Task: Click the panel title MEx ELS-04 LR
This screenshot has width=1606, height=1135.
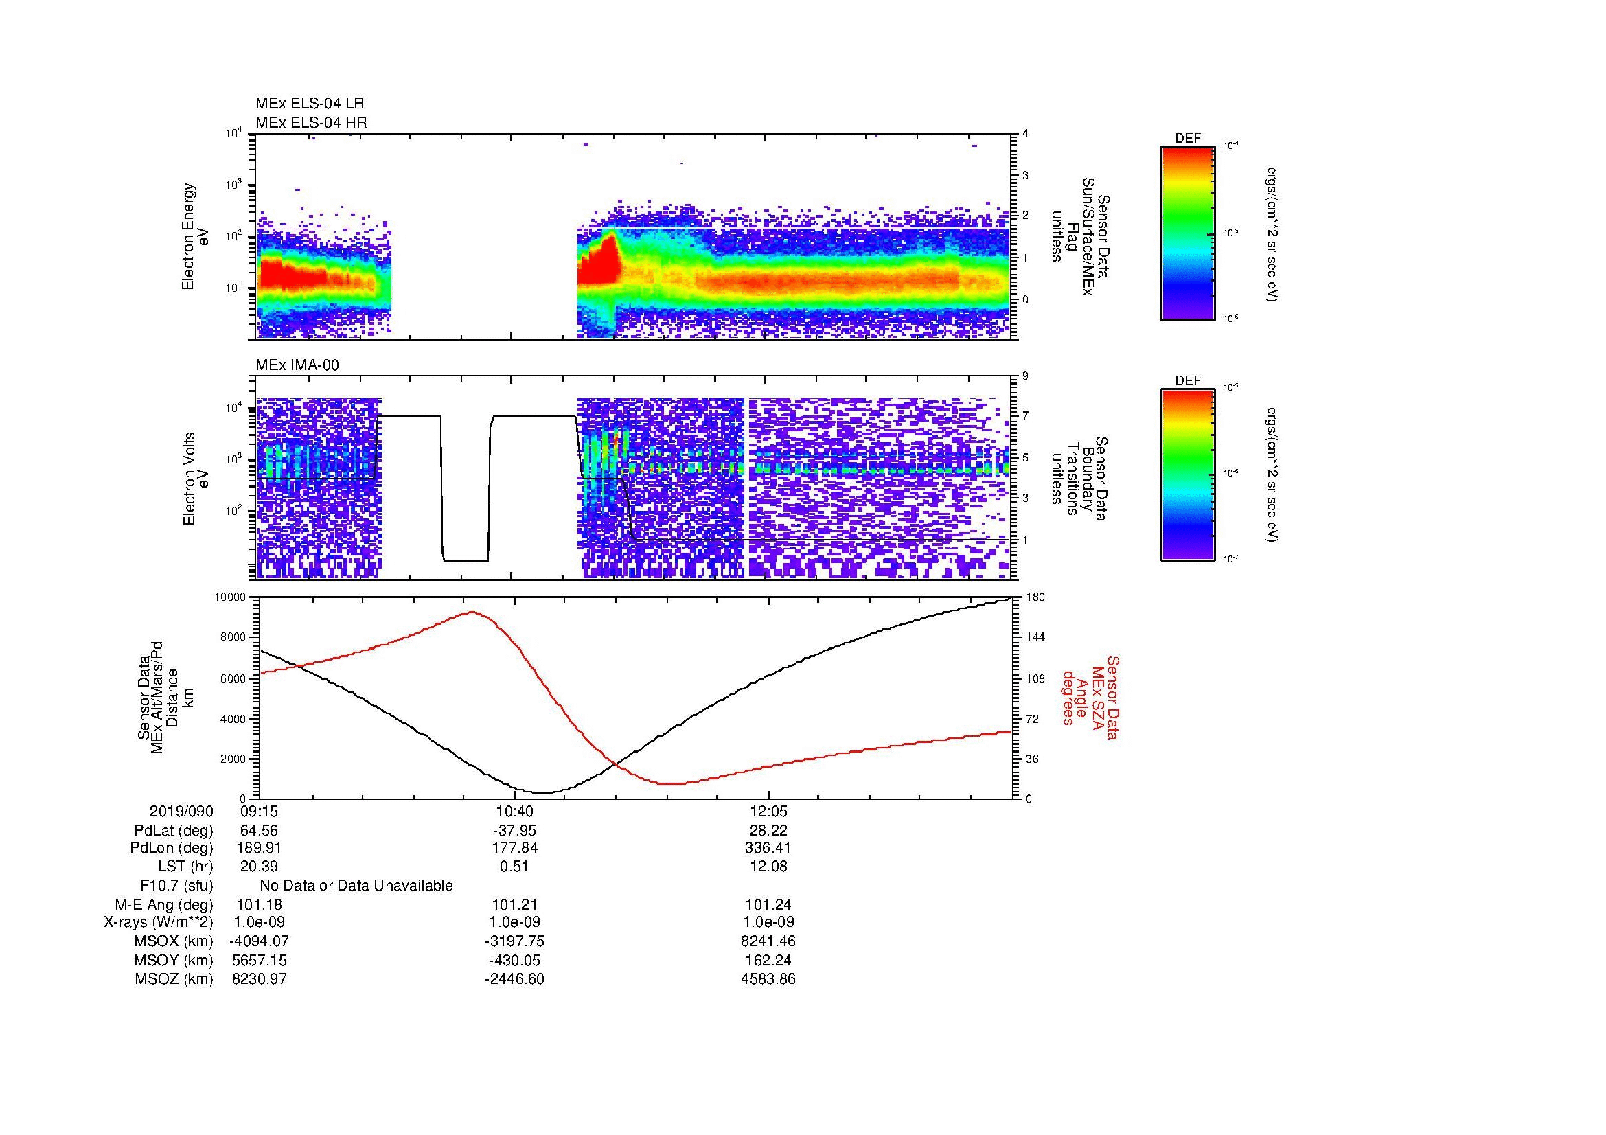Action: pyautogui.click(x=310, y=104)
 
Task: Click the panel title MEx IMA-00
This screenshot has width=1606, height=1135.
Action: pyautogui.click(x=297, y=365)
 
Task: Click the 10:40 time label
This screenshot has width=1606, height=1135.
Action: pyautogui.click(x=514, y=811)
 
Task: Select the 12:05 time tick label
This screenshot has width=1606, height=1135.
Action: pyautogui.click(x=768, y=811)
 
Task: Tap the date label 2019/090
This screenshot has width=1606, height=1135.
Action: pyautogui.click(x=181, y=811)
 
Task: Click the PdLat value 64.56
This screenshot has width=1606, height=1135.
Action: pyautogui.click(x=260, y=831)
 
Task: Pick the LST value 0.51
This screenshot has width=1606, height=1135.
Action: pyautogui.click(x=514, y=867)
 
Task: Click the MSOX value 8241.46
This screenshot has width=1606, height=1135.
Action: pyautogui.click(x=768, y=941)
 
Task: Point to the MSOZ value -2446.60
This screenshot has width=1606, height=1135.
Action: pyautogui.click(x=514, y=979)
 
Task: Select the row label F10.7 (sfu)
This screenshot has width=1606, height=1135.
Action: pyautogui.click(x=176, y=885)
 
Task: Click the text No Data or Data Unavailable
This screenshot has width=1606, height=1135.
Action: pyautogui.click(x=356, y=885)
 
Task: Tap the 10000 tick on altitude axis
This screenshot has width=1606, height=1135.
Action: pyautogui.click(x=231, y=597)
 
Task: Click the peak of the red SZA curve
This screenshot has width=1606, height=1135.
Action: pyautogui.click(x=472, y=612)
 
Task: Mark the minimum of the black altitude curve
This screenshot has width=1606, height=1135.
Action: pyautogui.click(x=544, y=793)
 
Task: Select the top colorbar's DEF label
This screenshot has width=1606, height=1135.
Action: pyautogui.click(x=1188, y=139)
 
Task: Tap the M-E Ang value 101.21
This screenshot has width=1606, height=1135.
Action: pyautogui.click(x=514, y=904)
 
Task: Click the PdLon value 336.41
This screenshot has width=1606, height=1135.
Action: pyautogui.click(x=768, y=848)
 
